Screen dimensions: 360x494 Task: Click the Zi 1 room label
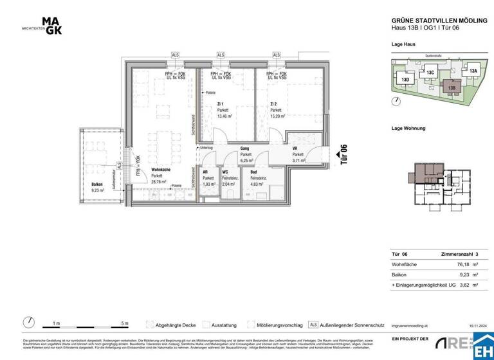[221, 104]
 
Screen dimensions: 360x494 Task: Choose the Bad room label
[254, 172]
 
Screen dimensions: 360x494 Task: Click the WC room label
[225, 172]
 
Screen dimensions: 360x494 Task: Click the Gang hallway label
[244, 147]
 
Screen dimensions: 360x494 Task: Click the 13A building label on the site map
[473, 71]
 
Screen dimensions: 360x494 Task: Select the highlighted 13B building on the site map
[452, 87]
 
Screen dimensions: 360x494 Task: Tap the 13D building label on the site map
[405, 80]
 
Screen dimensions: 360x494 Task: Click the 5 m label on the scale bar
[125, 323]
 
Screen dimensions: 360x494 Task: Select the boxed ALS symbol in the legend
[313, 325]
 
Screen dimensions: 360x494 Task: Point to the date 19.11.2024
[479, 326]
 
